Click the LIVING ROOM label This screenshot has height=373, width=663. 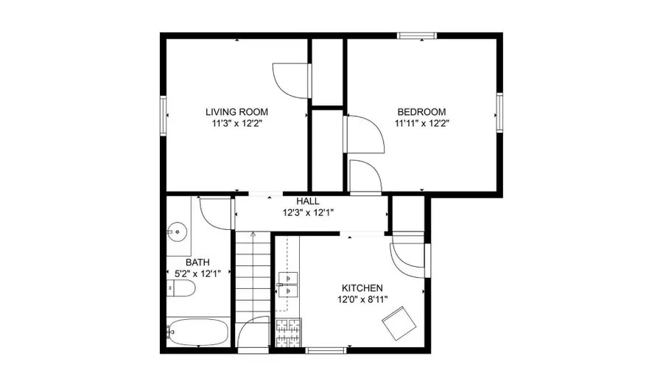[x=236, y=112]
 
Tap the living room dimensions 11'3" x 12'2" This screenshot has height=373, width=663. [x=236, y=124]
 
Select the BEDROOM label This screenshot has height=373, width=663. [x=422, y=112]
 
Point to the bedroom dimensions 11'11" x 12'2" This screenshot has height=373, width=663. [x=422, y=124]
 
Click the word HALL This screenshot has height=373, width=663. [x=307, y=201]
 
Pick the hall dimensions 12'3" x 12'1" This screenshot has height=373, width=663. [x=307, y=213]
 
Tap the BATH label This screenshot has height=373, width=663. [x=197, y=262]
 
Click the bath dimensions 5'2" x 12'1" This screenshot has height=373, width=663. [x=197, y=274]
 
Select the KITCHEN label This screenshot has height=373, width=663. [x=361, y=287]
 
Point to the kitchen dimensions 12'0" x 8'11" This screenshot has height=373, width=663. [x=361, y=299]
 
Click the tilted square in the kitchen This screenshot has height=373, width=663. [x=398, y=323]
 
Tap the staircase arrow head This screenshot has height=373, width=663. [x=253, y=234]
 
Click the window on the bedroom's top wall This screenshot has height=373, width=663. [x=417, y=35]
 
